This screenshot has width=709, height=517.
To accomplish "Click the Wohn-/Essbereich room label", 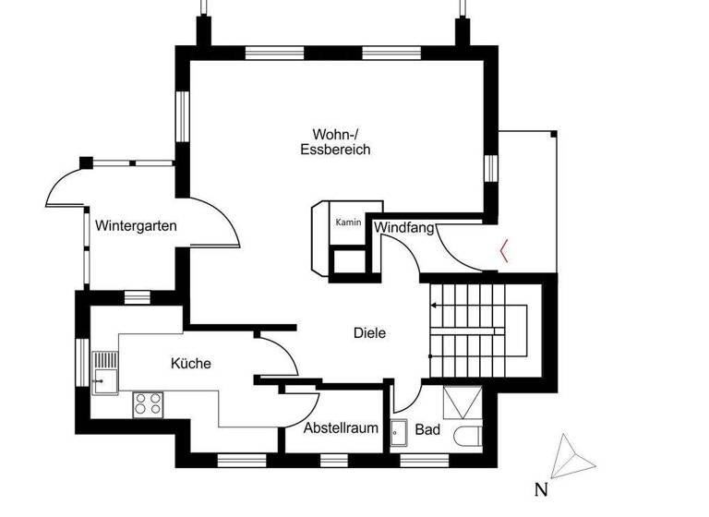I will tap(335, 141).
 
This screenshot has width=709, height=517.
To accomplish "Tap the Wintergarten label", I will tap(136, 225).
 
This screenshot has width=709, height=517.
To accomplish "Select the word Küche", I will tap(191, 364).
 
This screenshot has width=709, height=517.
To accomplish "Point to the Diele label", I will tap(369, 333).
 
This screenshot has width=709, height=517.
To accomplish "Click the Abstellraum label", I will tap(342, 428).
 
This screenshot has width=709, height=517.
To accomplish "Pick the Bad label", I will tap(427, 429).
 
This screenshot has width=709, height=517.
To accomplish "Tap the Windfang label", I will tap(403, 226).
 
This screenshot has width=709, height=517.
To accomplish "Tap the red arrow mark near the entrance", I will tap(502, 250).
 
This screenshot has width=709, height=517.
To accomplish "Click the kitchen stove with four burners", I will tap(148, 403).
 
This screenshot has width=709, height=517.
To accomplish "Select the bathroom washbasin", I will tap(399, 432).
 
